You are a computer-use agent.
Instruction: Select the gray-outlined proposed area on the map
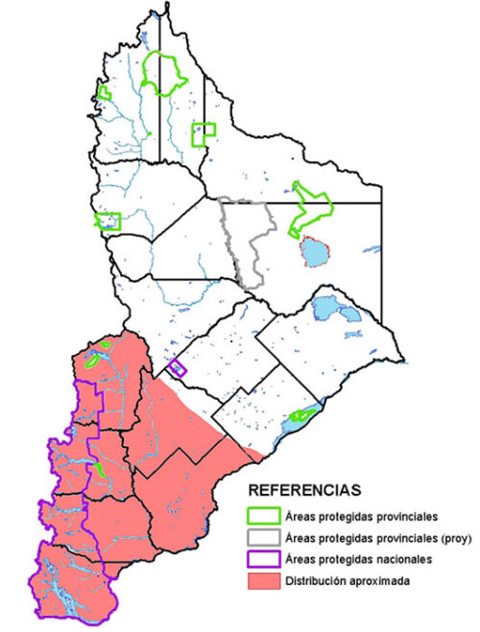tap(250, 240)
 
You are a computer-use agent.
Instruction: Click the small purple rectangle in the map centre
tap(177, 367)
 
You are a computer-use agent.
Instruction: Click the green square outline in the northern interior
tap(203, 133)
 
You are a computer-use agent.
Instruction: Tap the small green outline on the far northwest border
tap(103, 93)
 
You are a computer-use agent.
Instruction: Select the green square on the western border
tap(108, 222)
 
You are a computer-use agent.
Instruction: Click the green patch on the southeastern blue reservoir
tap(301, 416)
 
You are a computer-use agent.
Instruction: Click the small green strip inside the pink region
tap(98, 470)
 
